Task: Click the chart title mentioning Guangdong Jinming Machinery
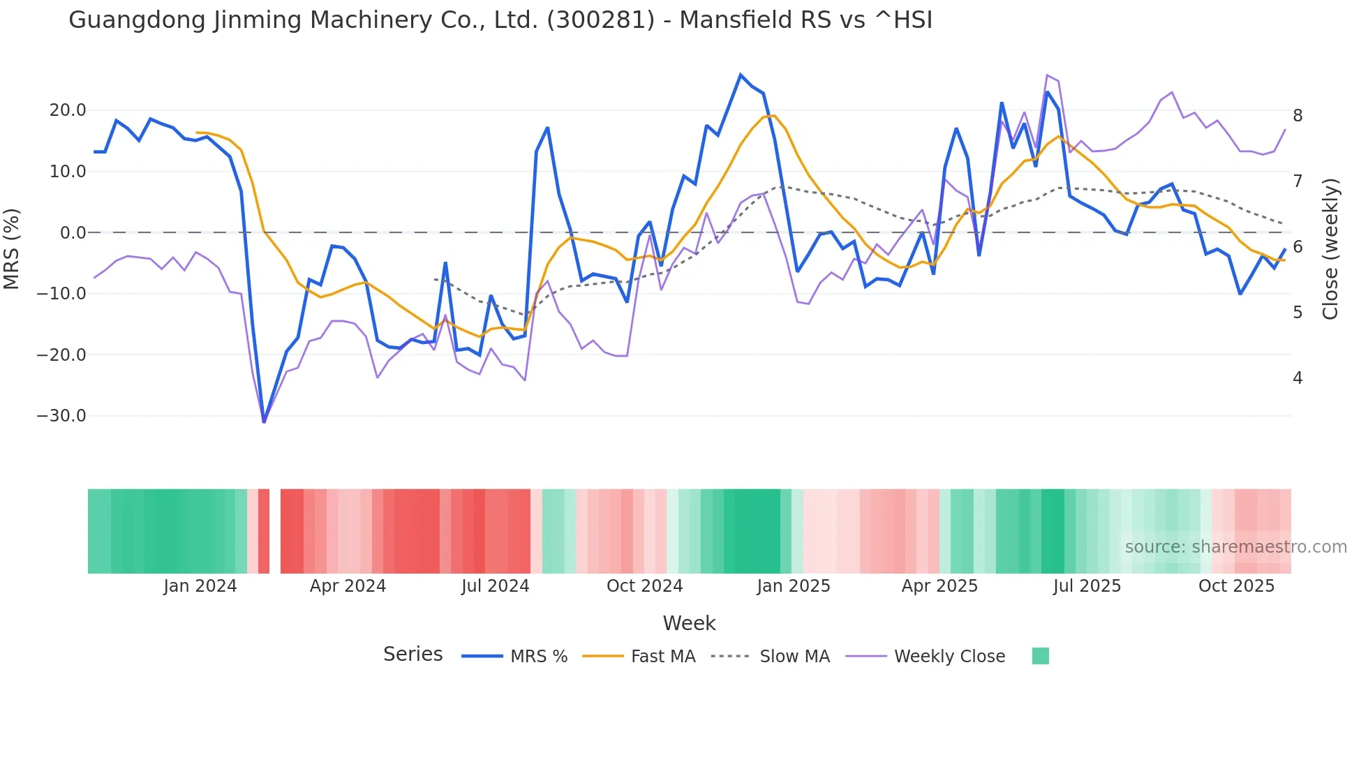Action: pyautogui.click(x=500, y=20)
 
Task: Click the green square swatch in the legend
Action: pyautogui.click(x=1040, y=656)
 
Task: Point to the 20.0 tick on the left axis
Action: pyautogui.click(x=68, y=110)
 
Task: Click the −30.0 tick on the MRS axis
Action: pyautogui.click(x=61, y=416)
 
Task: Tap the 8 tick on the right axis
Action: pyautogui.click(x=1298, y=116)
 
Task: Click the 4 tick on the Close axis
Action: pyautogui.click(x=1298, y=378)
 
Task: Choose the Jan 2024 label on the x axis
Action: pyautogui.click(x=200, y=586)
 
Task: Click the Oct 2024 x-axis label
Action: pyautogui.click(x=644, y=586)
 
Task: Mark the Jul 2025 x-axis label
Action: pyautogui.click(x=1087, y=586)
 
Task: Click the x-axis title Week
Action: pyautogui.click(x=689, y=623)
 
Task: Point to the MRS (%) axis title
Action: pyautogui.click(x=11, y=248)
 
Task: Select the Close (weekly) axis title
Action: pyautogui.click(x=1330, y=248)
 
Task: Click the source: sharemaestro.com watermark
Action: pyautogui.click(x=1235, y=547)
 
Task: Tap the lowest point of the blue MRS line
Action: pyautogui.click(x=264, y=421)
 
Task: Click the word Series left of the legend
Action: pyautogui.click(x=412, y=655)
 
